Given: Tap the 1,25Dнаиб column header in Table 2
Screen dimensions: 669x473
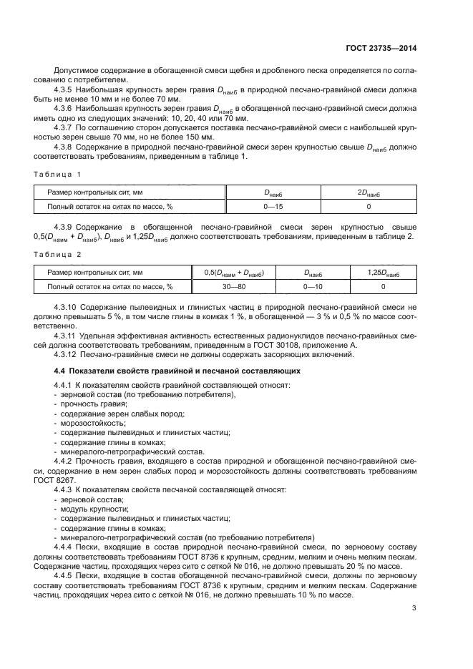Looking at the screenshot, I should pyautogui.click(x=383, y=273).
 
